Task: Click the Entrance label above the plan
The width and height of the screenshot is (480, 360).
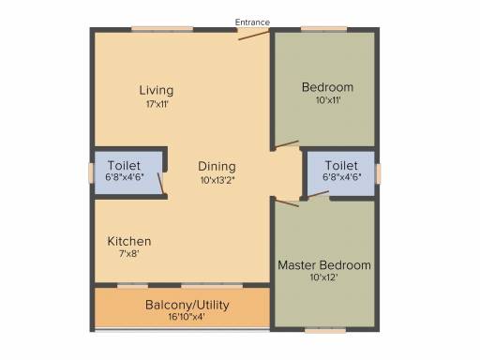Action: [x=252, y=22]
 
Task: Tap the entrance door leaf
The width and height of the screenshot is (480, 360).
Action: [x=254, y=36]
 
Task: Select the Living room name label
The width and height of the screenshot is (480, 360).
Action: [x=157, y=91]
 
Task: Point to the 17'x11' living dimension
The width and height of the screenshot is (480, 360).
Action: [x=157, y=104]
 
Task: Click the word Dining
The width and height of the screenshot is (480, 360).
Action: [x=217, y=167]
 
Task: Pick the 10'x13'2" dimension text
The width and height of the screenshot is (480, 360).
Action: [x=217, y=180]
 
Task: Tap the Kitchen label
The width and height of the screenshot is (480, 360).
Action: [x=129, y=241]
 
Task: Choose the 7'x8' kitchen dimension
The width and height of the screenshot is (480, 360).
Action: [x=128, y=253]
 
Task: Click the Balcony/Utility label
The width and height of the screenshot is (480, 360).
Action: [x=187, y=305]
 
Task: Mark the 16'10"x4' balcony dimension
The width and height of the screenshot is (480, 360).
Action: [x=187, y=317]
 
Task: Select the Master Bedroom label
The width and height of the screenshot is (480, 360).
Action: [x=324, y=265]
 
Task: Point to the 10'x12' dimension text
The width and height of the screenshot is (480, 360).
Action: [x=323, y=277]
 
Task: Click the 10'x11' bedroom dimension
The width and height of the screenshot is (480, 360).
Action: [x=328, y=100]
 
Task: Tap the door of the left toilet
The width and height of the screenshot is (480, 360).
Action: [x=160, y=184]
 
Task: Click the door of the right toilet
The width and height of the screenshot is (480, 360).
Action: [x=318, y=194]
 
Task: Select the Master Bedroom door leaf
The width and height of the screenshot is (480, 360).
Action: [x=287, y=202]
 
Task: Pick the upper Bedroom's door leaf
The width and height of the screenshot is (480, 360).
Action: [x=287, y=143]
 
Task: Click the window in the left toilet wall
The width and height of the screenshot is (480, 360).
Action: [x=91, y=172]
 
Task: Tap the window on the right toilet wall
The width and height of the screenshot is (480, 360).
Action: [x=378, y=173]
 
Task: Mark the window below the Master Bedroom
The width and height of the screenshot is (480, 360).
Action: [x=325, y=330]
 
